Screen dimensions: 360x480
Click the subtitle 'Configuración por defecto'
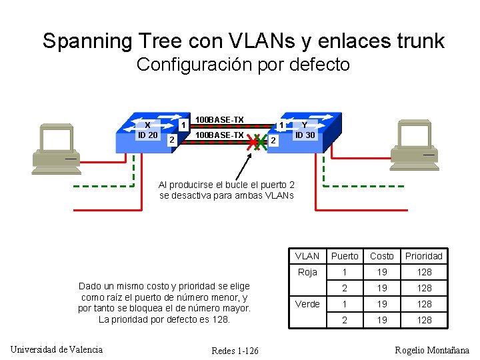(243, 65)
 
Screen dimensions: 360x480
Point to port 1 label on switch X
(182, 125)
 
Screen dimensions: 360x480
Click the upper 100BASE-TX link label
(219, 120)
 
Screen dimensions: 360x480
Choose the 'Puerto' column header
(345, 256)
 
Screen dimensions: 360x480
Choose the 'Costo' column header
(382, 256)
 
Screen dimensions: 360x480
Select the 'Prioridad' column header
(424, 256)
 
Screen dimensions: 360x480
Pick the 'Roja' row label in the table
(307, 272)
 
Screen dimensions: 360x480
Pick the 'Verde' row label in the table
(307, 304)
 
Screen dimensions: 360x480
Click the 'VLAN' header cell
(307, 256)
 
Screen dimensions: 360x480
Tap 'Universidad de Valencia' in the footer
(57, 349)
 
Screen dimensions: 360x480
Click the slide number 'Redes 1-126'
(235, 351)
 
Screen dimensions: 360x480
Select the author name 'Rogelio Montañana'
(432, 351)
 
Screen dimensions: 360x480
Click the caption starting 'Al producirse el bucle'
(227, 190)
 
